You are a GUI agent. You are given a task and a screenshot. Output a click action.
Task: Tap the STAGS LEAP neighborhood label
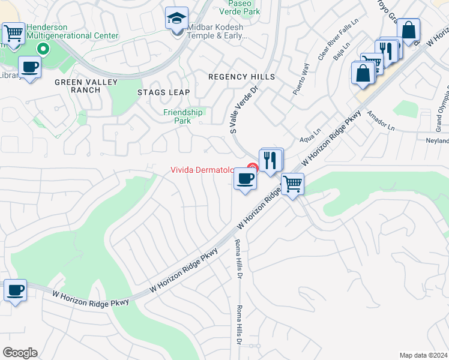pos(163,92)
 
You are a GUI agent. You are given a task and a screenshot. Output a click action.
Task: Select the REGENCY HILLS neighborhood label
pos(241,77)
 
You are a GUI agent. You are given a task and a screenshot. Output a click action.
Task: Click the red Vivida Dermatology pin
pos(253,168)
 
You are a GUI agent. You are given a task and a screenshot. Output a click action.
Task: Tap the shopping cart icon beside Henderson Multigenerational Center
pos(13,33)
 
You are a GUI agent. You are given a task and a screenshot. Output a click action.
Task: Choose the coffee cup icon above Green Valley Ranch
pos(29,67)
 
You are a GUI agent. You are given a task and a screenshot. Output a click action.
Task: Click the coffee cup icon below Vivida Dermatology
pos(245,179)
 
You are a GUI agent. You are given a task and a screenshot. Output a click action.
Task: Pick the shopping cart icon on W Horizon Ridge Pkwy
pos(292,184)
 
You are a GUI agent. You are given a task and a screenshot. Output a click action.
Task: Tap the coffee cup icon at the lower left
pos(15,291)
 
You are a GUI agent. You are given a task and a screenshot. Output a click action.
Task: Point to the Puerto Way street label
pos(301,79)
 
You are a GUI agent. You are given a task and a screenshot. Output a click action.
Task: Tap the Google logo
pos(20,353)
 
